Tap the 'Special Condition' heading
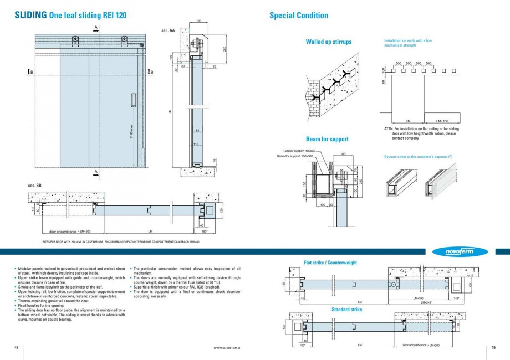(298, 16)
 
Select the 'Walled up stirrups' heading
(328, 42)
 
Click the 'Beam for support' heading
(327, 139)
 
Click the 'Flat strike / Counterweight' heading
(330, 263)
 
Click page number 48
(17, 347)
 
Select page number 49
(493, 347)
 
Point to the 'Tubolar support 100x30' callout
(299, 151)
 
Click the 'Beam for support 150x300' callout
(295, 156)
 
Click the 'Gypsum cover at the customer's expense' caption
(419, 157)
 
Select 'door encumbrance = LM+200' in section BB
(70, 231)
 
